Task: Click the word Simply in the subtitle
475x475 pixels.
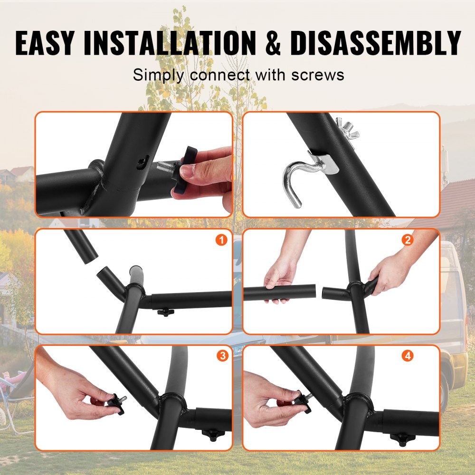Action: tap(157, 75)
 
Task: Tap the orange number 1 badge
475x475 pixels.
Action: tap(221, 240)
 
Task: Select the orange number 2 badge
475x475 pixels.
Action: tap(407, 240)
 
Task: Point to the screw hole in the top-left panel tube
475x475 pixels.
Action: tap(139, 163)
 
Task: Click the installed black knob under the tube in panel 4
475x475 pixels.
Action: tap(401, 438)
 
